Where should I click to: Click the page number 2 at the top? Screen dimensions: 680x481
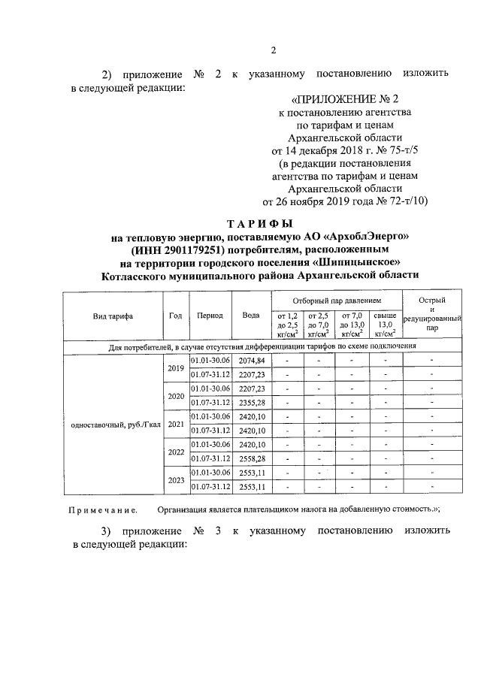274,50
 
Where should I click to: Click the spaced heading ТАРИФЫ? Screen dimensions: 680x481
259,223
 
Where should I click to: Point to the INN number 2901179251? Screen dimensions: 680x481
198,249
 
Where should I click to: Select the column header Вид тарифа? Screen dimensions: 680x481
113,316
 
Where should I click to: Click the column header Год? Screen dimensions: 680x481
176,316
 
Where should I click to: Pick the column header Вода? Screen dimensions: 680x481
251,316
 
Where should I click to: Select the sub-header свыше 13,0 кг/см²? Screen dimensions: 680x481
385,325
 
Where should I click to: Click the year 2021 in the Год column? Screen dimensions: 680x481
176,424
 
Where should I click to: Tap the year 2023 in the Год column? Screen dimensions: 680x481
176,479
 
